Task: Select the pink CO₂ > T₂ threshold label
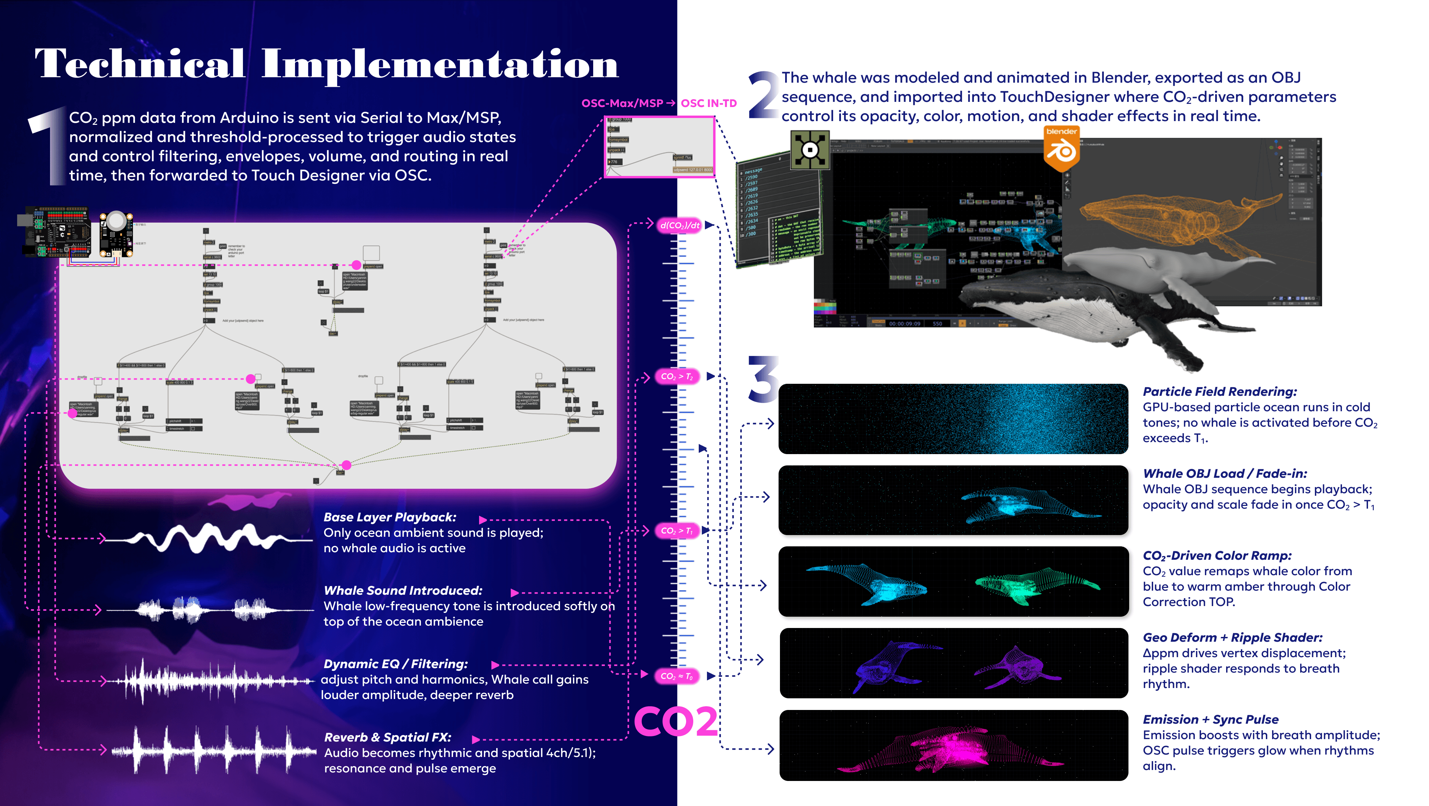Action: tap(677, 376)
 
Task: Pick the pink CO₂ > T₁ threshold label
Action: tap(677, 531)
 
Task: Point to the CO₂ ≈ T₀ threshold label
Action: tap(677, 676)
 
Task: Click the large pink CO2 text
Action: tap(676, 722)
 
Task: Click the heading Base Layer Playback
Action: tap(389, 517)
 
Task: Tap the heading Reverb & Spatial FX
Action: tap(387, 737)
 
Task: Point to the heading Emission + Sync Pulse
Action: tap(1210, 720)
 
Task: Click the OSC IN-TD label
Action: tap(708, 103)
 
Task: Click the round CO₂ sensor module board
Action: tap(116, 233)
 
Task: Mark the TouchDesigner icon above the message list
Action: tap(809, 150)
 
